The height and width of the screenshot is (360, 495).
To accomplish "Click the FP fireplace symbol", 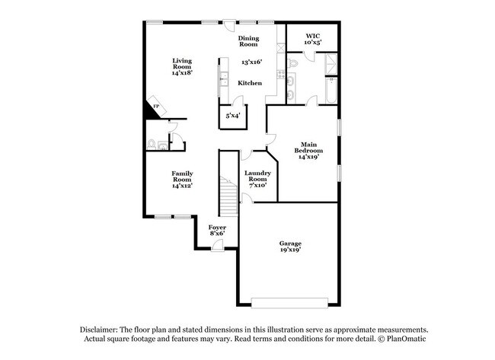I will pyautogui.click(x=156, y=107).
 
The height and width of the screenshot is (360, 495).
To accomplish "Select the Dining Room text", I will pyautogui.click(x=248, y=41).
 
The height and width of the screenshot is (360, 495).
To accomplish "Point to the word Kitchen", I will pyautogui.click(x=250, y=83).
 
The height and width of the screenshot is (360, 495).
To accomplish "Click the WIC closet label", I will pyautogui.click(x=313, y=39).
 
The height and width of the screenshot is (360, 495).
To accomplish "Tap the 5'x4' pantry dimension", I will pyautogui.click(x=232, y=116).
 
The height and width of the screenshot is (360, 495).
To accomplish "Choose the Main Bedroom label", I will pyautogui.click(x=308, y=151).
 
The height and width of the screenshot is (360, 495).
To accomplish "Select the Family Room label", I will pyautogui.click(x=181, y=179).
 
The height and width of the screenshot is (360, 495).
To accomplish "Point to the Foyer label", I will pyautogui.click(x=218, y=229).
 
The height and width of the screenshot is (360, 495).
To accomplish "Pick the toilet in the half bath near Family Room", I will pyautogui.click(x=152, y=143).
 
